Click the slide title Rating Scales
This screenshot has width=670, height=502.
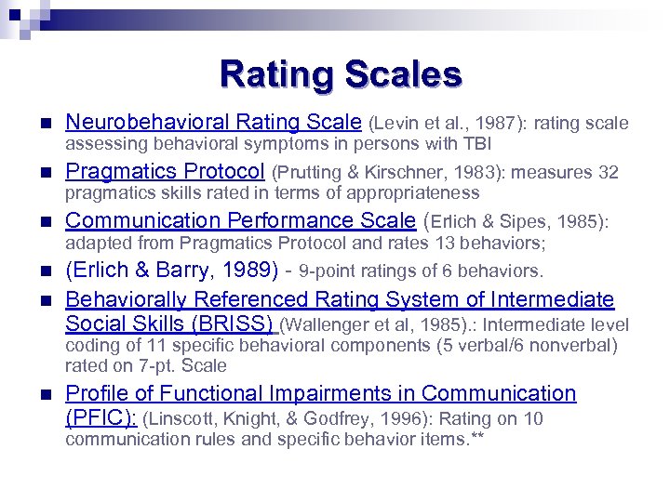pos(341,74)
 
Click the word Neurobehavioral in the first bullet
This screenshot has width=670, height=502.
pos(147,122)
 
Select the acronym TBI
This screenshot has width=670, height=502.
pos(476,144)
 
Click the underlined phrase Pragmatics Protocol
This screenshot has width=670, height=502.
pos(166,171)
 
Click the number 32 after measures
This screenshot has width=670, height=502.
pos(609,173)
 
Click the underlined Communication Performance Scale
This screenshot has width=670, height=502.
pos(241,220)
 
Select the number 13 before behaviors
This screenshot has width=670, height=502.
pos(445,243)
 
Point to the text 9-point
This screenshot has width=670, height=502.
pos(332,271)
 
